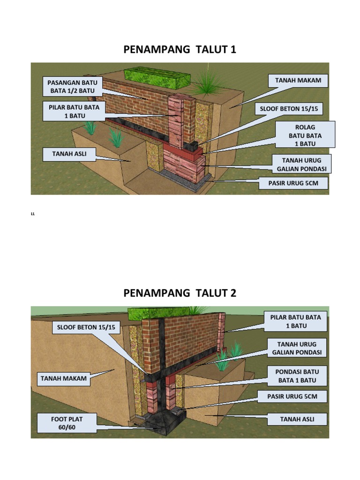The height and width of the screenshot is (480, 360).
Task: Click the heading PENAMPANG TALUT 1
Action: click(180, 49)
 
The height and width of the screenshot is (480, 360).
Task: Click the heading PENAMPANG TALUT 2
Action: click(180, 293)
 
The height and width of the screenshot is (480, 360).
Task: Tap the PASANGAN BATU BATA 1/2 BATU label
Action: click(70, 87)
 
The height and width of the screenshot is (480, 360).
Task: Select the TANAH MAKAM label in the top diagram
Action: click(298, 81)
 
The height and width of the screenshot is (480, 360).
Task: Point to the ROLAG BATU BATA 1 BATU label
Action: click(305, 135)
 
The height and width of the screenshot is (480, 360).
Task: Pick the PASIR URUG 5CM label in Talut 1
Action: click(293, 183)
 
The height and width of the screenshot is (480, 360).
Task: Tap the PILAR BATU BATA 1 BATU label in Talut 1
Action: click(74, 111)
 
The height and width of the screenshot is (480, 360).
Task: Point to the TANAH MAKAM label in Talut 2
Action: click(64, 378)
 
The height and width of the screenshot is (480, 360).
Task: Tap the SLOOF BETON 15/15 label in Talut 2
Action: click(86, 326)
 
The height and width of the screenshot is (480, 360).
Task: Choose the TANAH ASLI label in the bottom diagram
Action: click(297, 419)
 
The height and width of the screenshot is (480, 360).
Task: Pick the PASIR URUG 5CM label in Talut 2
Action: click(292, 397)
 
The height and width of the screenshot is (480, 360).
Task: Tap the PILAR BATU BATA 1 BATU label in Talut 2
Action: click(295, 321)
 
